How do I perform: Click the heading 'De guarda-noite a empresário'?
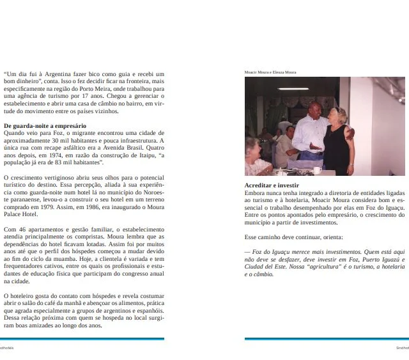[45, 126]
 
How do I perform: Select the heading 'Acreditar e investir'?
[272, 185]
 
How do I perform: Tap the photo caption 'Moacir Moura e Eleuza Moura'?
[270, 72]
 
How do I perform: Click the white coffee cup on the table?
[317, 170]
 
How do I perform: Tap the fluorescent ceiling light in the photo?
[293, 89]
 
